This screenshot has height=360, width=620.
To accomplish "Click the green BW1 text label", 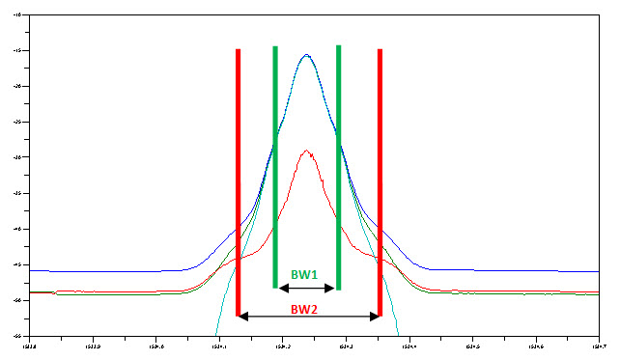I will [x=305, y=274].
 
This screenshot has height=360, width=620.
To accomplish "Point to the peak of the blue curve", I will [x=307, y=55].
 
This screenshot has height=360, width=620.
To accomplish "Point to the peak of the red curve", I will [x=307, y=151].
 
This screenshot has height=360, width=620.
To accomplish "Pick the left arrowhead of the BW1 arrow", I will [x=281, y=288].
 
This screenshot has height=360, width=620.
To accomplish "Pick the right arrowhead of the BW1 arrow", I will [x=332, y=288].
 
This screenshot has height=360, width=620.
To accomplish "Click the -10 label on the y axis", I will [x=19, y=15].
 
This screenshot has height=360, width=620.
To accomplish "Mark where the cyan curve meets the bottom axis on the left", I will [x=215, y=335].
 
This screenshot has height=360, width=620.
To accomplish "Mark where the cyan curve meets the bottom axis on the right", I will [x=397, y=335].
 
